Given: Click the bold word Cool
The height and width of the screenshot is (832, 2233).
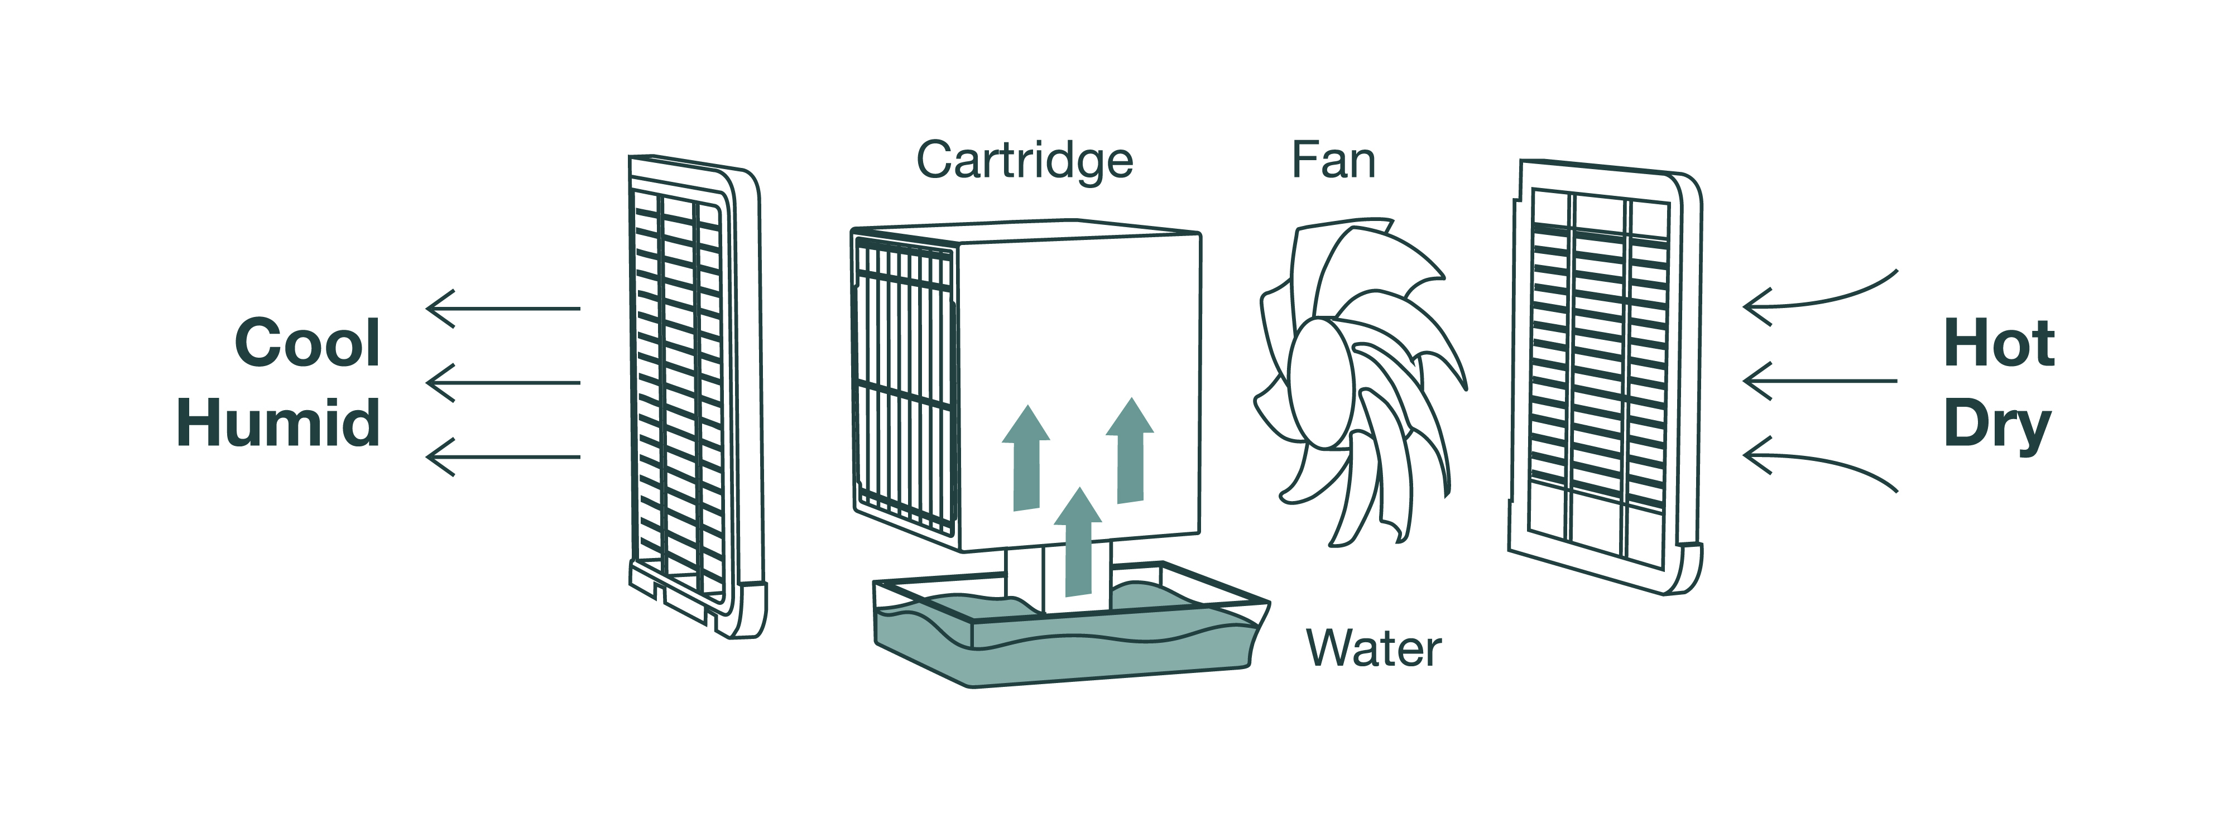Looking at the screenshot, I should (308, 343).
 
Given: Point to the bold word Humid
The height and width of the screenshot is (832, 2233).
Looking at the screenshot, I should (278, 423).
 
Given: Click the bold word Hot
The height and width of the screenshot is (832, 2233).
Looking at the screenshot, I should (1998, 343).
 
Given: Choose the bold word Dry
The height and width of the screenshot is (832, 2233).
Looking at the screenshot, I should (1996, 425).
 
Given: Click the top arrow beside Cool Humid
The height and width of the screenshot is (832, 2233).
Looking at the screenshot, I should (503, 309).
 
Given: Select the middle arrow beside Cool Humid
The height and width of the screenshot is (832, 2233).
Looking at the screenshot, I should (503, 382).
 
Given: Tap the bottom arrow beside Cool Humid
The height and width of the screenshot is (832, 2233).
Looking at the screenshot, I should (503, 456).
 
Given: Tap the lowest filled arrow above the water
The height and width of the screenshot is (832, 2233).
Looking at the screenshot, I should (1078, 546).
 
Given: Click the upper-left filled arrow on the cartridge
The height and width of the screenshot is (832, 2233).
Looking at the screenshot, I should (1026, 459).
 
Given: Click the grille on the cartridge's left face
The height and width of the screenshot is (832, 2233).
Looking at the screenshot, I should (904, 386).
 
